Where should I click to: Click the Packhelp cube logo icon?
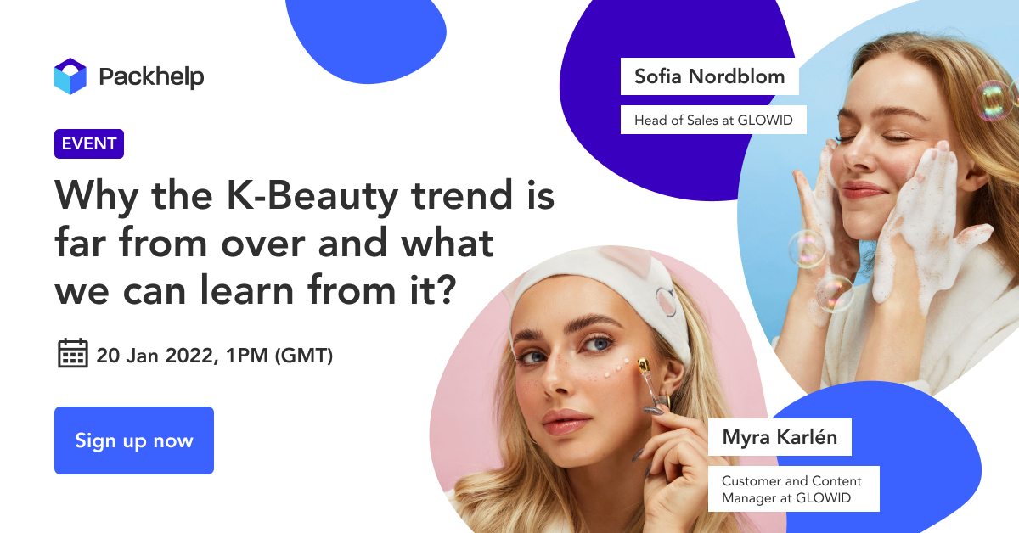tap(70, 76)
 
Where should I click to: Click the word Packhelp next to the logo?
tap(151, 77)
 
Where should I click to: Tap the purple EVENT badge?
tap(89, 143)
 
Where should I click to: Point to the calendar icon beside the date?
tap(73, 353)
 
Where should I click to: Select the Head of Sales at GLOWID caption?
tap(713, 120)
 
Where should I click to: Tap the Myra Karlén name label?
tap(780, 437)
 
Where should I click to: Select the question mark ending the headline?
tap(443, 290)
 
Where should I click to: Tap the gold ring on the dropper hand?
tap(664, 401)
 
